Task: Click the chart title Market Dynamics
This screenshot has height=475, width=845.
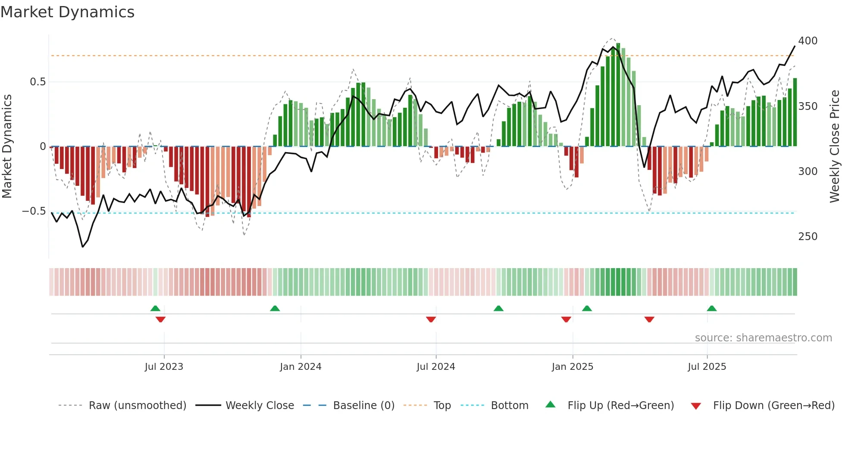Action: (67, 12)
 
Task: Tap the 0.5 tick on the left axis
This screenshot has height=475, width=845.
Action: (38, 82)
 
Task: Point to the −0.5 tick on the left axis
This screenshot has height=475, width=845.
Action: (34, 211)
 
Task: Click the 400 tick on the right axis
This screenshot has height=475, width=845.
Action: (807, 41)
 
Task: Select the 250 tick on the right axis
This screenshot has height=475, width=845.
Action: (807, 237)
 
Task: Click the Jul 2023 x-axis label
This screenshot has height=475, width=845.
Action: (164, 367)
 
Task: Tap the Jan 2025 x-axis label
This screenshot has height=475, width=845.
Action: (572, 367)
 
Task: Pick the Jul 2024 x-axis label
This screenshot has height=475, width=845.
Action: (435, 367)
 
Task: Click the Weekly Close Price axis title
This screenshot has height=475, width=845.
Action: (835, 147)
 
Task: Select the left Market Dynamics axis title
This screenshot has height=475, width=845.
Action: (7, 147)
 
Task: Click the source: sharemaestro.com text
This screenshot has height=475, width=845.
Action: (763, 338)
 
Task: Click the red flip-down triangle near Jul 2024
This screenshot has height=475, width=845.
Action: (431, 319)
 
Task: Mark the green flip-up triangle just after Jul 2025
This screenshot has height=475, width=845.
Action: (711, 308)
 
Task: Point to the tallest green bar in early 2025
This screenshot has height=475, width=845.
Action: (618, 95)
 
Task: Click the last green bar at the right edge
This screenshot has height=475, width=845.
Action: (795, 112)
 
